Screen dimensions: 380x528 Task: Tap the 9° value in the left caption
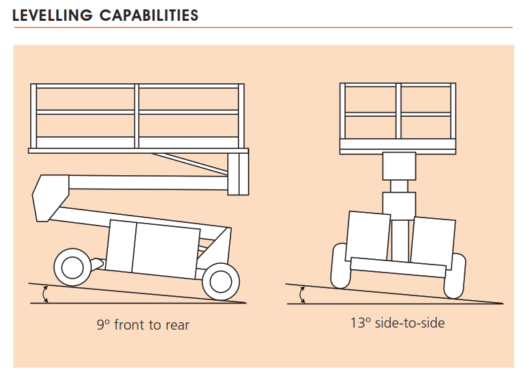pyautogui.click(x=103, y=325)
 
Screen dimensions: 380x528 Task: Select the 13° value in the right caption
pyautogui.click(x=360, y=323)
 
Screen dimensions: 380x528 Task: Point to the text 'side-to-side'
pyautogui.click(x=409, y=323)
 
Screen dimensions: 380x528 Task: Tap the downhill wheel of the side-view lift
pyautogui.click(x=220, y=279)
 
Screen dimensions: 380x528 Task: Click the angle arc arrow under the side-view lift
pyautogui.click(x=45, y=294)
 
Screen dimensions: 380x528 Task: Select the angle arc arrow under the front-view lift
pyautogui.click(x=302, y=294)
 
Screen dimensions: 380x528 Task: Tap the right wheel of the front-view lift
pyautogui.click(x=456, y=275)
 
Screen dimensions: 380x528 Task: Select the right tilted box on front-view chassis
pyautogui.click(x=432, y=240)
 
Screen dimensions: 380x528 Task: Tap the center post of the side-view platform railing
pyautogui.click(x=137, y=116)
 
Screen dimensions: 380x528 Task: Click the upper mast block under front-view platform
pyautogui.click(x=399, y=166)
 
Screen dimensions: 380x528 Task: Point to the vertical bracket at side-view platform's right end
pyautogui.click(x=238, y=173)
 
